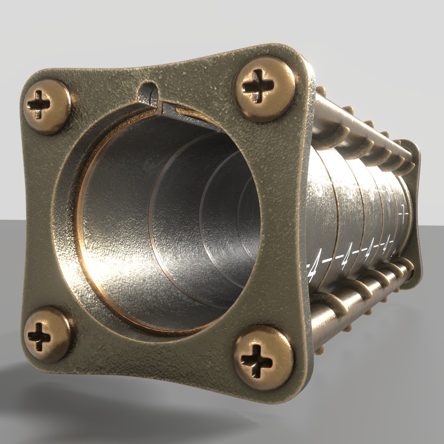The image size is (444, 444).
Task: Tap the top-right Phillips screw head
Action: pyautogui.click(x=264, y=88)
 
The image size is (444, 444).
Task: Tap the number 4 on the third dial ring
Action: pyautogui.click(x=369, y=250)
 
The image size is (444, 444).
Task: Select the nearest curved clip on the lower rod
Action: pyautogui.click(x=332, y=299)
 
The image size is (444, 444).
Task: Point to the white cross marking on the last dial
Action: pyautogui.click(x=404, y=212)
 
